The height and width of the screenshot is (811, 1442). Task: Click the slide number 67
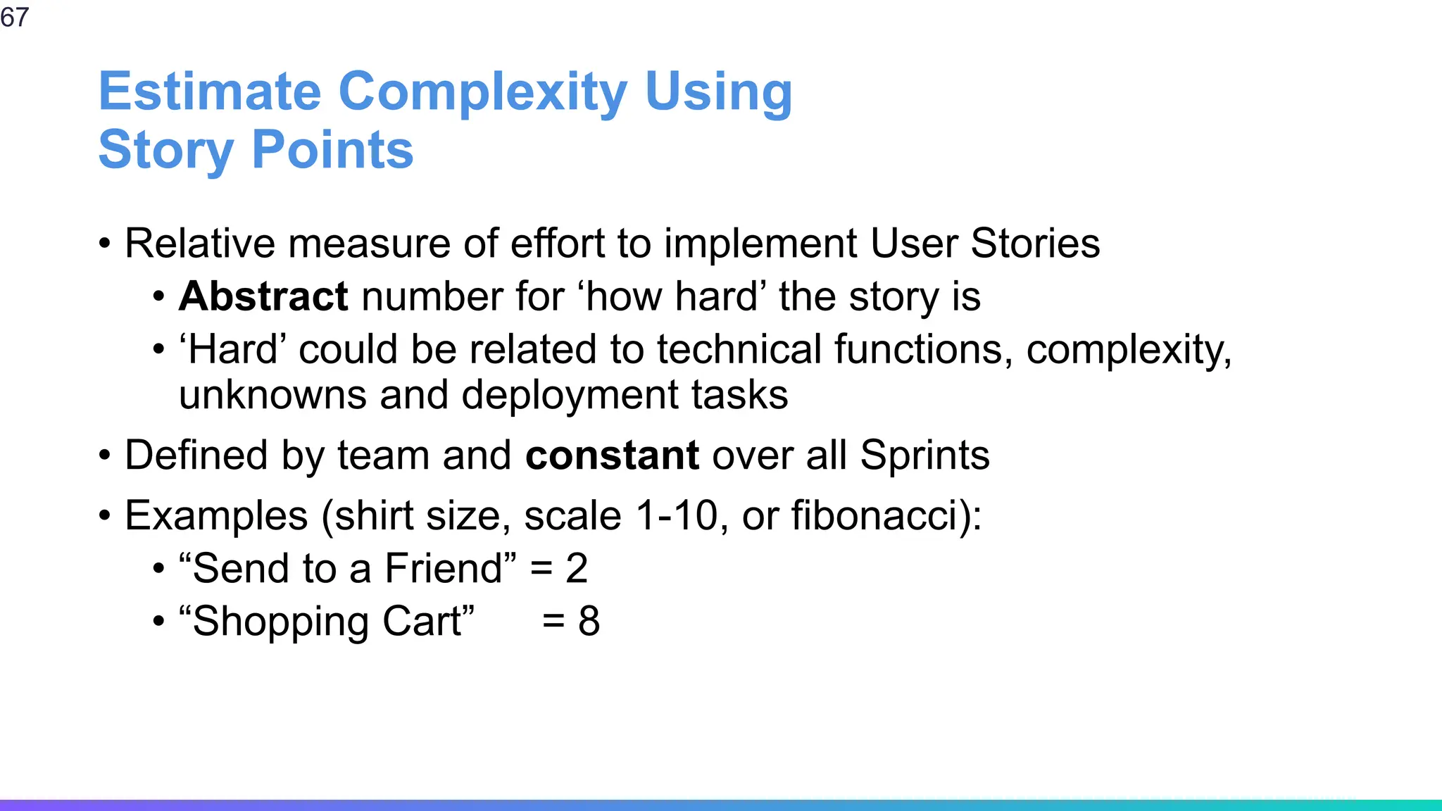coord(14,17)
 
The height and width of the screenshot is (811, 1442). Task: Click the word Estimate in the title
coord(210,92)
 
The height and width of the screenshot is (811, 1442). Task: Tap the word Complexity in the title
coord(482,92)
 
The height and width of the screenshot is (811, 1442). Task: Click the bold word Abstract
coord(263,296)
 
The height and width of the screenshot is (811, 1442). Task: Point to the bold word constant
coord(612,455)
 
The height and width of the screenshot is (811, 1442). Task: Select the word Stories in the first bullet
coord(1035,244)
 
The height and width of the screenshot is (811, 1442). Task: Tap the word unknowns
coord(272,395)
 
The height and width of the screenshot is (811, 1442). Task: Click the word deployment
coord(570,395)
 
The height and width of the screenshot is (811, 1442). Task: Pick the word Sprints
coord(924,455)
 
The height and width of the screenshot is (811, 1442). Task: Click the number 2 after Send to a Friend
coord(577,569)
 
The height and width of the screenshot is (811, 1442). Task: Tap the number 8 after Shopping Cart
coord(589,622)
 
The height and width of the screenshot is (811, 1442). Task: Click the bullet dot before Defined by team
coord(105,455)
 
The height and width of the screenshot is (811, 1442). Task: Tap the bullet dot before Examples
coord(105,516)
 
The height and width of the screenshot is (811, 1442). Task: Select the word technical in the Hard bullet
coord(739,350)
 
